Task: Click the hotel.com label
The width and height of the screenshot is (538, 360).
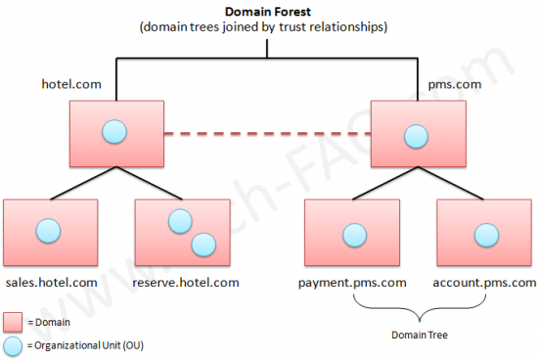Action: tap(70, 86)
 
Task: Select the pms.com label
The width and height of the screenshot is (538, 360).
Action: tap(456, 86)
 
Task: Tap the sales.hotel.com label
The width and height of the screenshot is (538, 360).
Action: tap(51, 282)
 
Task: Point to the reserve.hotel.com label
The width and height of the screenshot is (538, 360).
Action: tap(186, 282)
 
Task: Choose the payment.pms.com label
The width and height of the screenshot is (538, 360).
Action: tap(351, 282)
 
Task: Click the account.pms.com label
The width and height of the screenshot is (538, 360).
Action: tap(484, 282)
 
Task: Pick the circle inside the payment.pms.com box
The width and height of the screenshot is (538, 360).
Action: tap(351, 234)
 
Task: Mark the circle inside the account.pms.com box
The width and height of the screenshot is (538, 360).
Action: tap(483, 234)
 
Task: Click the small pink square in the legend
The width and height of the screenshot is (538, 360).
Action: tap(13, 321)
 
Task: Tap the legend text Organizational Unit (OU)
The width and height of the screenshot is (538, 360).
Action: tap(89, 344)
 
